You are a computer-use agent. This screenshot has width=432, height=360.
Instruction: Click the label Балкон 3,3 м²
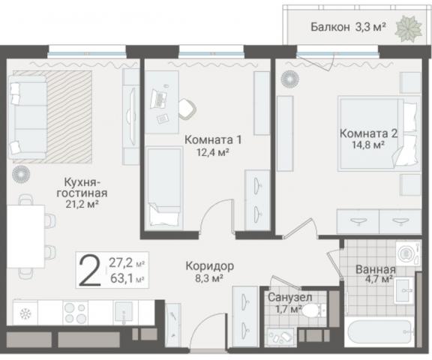click(348, 27)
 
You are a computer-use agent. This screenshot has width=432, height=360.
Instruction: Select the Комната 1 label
click(213, 140)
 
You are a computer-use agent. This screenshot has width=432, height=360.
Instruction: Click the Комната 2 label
click(367, 133)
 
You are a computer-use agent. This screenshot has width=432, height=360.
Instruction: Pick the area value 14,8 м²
click(367, 146)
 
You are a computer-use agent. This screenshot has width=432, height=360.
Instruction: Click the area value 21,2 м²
click(82, 202)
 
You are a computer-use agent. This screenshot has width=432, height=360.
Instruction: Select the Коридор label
click(211, 266)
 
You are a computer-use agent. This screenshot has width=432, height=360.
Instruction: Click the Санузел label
click(285, 297)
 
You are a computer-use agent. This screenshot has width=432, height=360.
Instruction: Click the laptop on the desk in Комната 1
click(160, 97)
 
